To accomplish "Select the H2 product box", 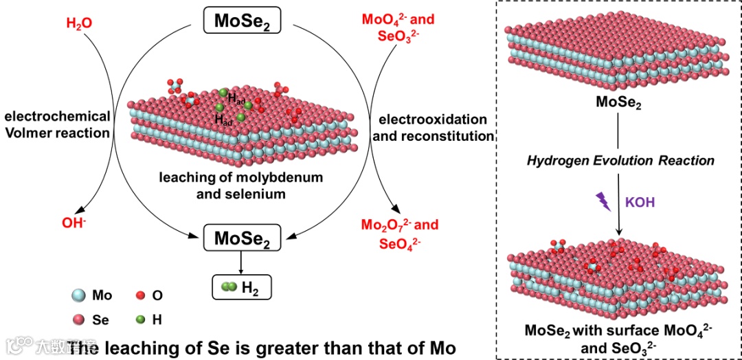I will click(x=241, y=288).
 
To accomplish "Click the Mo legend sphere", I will click(x=79, y=295).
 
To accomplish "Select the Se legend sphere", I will click(x=79, y=319).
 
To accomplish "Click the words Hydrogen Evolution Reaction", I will click(x=620, y=161).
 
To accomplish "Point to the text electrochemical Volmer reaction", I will click(x=57, y=124).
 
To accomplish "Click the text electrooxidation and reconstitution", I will click(x=433, y=127).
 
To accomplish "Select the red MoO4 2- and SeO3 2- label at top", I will click(x=398, y=27).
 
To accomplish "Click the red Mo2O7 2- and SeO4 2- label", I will click(x=400, y=233).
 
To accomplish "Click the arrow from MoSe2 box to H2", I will click(x=239, y=263).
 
